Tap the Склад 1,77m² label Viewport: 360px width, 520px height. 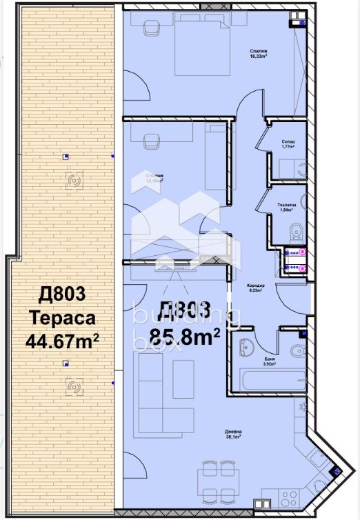pos(288,145)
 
